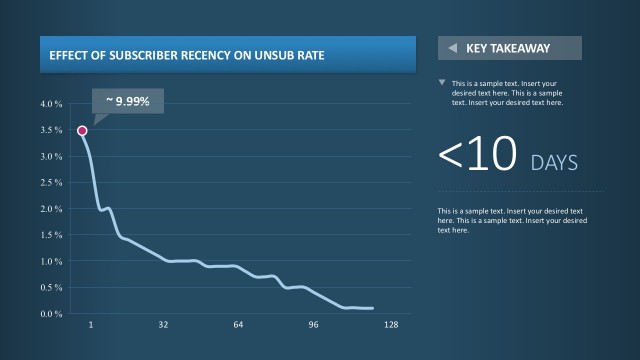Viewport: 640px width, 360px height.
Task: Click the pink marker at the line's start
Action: tap(82, 131)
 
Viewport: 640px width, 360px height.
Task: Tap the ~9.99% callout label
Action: tap(128, 101)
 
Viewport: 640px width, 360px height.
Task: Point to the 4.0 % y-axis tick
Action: tap(51, 104)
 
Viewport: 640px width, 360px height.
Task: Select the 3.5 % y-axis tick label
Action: tap(51, 130)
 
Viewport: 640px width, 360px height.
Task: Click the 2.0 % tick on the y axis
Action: tap(51, 209)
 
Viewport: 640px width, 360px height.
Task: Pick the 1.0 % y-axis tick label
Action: tap(51, 261)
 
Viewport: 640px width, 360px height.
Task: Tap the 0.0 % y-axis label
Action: tap(51, 314)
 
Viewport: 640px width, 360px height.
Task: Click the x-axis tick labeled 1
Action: tap(91, 326)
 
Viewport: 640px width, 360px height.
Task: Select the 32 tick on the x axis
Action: tap(163, 326)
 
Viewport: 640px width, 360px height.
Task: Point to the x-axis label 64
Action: tap(238, 326)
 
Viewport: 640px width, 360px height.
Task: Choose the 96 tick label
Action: tap(313, 326)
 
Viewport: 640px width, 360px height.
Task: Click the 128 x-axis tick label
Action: tap(391, 326)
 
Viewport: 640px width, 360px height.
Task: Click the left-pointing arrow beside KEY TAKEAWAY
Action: tap(452, 48)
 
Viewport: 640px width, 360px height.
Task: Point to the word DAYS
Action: tap(554, 162)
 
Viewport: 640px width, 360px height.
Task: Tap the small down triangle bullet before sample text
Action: tap(443, 83)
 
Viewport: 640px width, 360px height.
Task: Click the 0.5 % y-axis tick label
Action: tap(51, 288)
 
